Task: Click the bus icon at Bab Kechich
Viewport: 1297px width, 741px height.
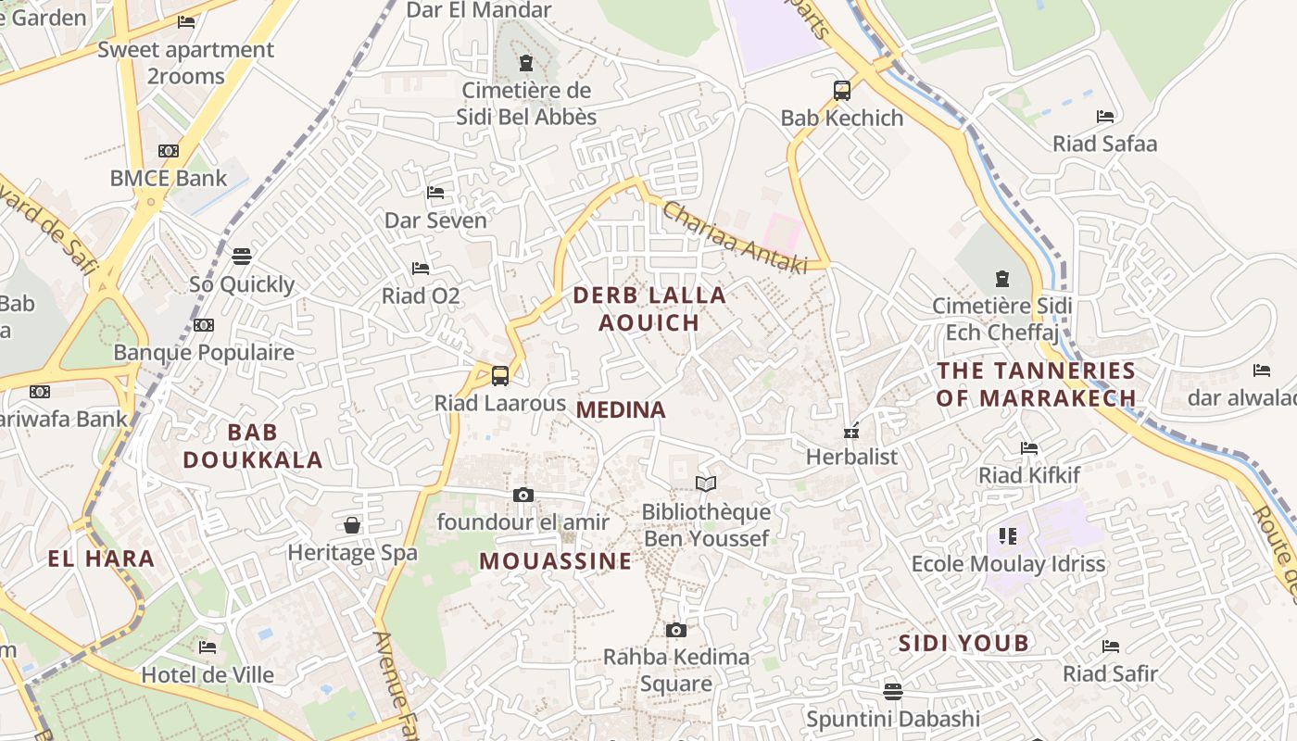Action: tap(841, 91)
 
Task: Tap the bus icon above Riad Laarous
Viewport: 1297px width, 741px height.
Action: tap(500, 376)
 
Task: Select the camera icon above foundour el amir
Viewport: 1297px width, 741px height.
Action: tap(523, 496)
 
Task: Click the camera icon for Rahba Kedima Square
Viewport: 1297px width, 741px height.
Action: tap(676, 631)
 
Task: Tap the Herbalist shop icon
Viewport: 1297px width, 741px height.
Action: tap(851, 431)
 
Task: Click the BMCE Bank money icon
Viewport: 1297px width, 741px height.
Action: tap(169, 151)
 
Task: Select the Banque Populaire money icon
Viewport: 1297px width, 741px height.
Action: tap(204, 325)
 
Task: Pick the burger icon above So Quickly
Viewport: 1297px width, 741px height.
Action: tap(242, 257)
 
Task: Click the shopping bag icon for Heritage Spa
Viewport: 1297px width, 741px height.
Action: tap(352, 526)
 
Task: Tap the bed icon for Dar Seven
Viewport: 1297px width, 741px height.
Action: tap(435, 193)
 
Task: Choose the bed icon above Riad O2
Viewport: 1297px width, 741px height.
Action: tap(421, 269)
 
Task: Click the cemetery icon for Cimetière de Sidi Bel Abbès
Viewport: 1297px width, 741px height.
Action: tap(526, 63)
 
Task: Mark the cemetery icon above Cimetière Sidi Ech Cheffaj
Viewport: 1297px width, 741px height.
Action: tap(1001, 278)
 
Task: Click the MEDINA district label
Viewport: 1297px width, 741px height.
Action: tap(621, 410)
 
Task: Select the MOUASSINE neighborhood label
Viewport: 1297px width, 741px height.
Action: tap(556, 561)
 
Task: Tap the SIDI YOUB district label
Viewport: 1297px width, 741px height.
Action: tap(963, 643)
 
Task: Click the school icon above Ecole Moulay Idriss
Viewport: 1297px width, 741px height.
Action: tap(1008, 536)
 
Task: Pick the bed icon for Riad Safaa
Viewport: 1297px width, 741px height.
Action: tap(1105, 117)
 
